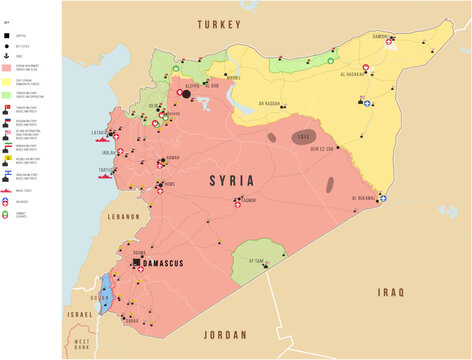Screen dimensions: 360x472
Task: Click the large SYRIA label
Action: click(232, 181)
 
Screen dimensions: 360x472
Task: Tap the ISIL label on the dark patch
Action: click(306, 135)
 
